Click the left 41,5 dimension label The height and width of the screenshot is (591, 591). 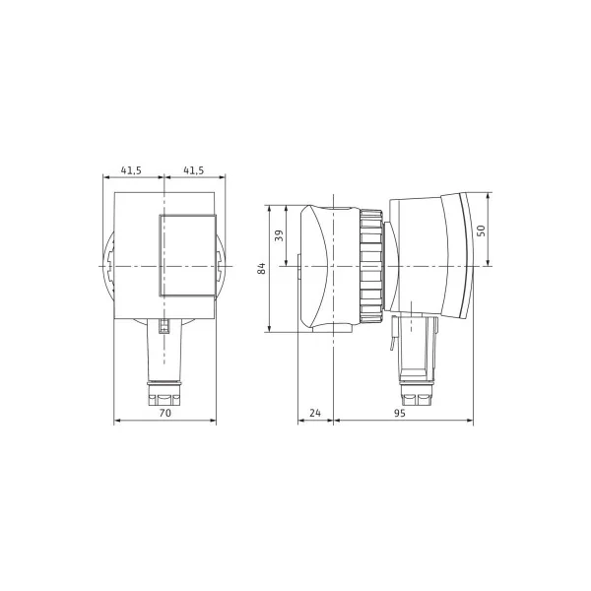click(x=131, y=170)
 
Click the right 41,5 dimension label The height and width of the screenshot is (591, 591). click(x=193, y=170)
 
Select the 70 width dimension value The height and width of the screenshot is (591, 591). click(x=165, y=413)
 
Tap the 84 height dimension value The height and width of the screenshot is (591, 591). click(x=261, y=268)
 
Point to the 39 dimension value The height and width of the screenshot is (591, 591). click(x=279, y=235)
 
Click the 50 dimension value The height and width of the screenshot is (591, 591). click(x=482, y=230)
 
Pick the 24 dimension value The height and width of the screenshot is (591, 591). click(x=315, y=413)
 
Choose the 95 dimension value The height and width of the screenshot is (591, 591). click(x=400, y=413)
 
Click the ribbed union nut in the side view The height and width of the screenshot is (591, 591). click(x=371, y=267)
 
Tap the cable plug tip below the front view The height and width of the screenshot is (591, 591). click(x=164, y=394)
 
